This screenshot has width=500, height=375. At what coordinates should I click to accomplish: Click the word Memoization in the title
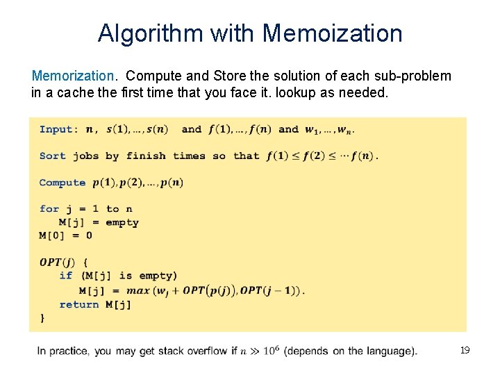point(333,33)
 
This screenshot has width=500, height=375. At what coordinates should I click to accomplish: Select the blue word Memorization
point(73,76)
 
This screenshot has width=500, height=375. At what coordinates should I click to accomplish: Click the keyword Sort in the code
point(52,156)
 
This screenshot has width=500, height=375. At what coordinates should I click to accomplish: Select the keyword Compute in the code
point(62,183)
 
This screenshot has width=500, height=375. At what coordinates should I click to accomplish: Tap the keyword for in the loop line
point(49,209)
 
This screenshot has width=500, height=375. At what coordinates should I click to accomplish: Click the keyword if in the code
point(65,276)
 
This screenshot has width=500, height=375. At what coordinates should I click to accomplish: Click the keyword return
point(78,304)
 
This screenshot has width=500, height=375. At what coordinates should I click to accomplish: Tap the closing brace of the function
point(42,317)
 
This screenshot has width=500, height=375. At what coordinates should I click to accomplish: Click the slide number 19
point(465,351)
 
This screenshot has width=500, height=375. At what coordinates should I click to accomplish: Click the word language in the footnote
point(392,351)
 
